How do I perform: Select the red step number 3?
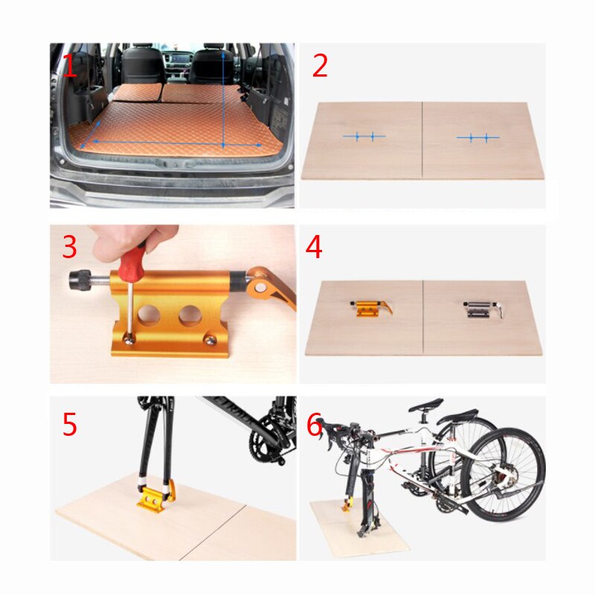point(69,248)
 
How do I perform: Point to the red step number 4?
point(314,248)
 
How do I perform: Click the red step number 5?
point(69,425)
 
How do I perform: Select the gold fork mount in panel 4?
point(367,306)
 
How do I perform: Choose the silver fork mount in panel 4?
point(479,309)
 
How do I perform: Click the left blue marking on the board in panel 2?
point(364,136)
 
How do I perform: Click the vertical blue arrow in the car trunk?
point(223,97)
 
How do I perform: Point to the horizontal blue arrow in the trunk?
point(171,143)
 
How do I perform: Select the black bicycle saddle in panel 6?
point(427,405)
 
